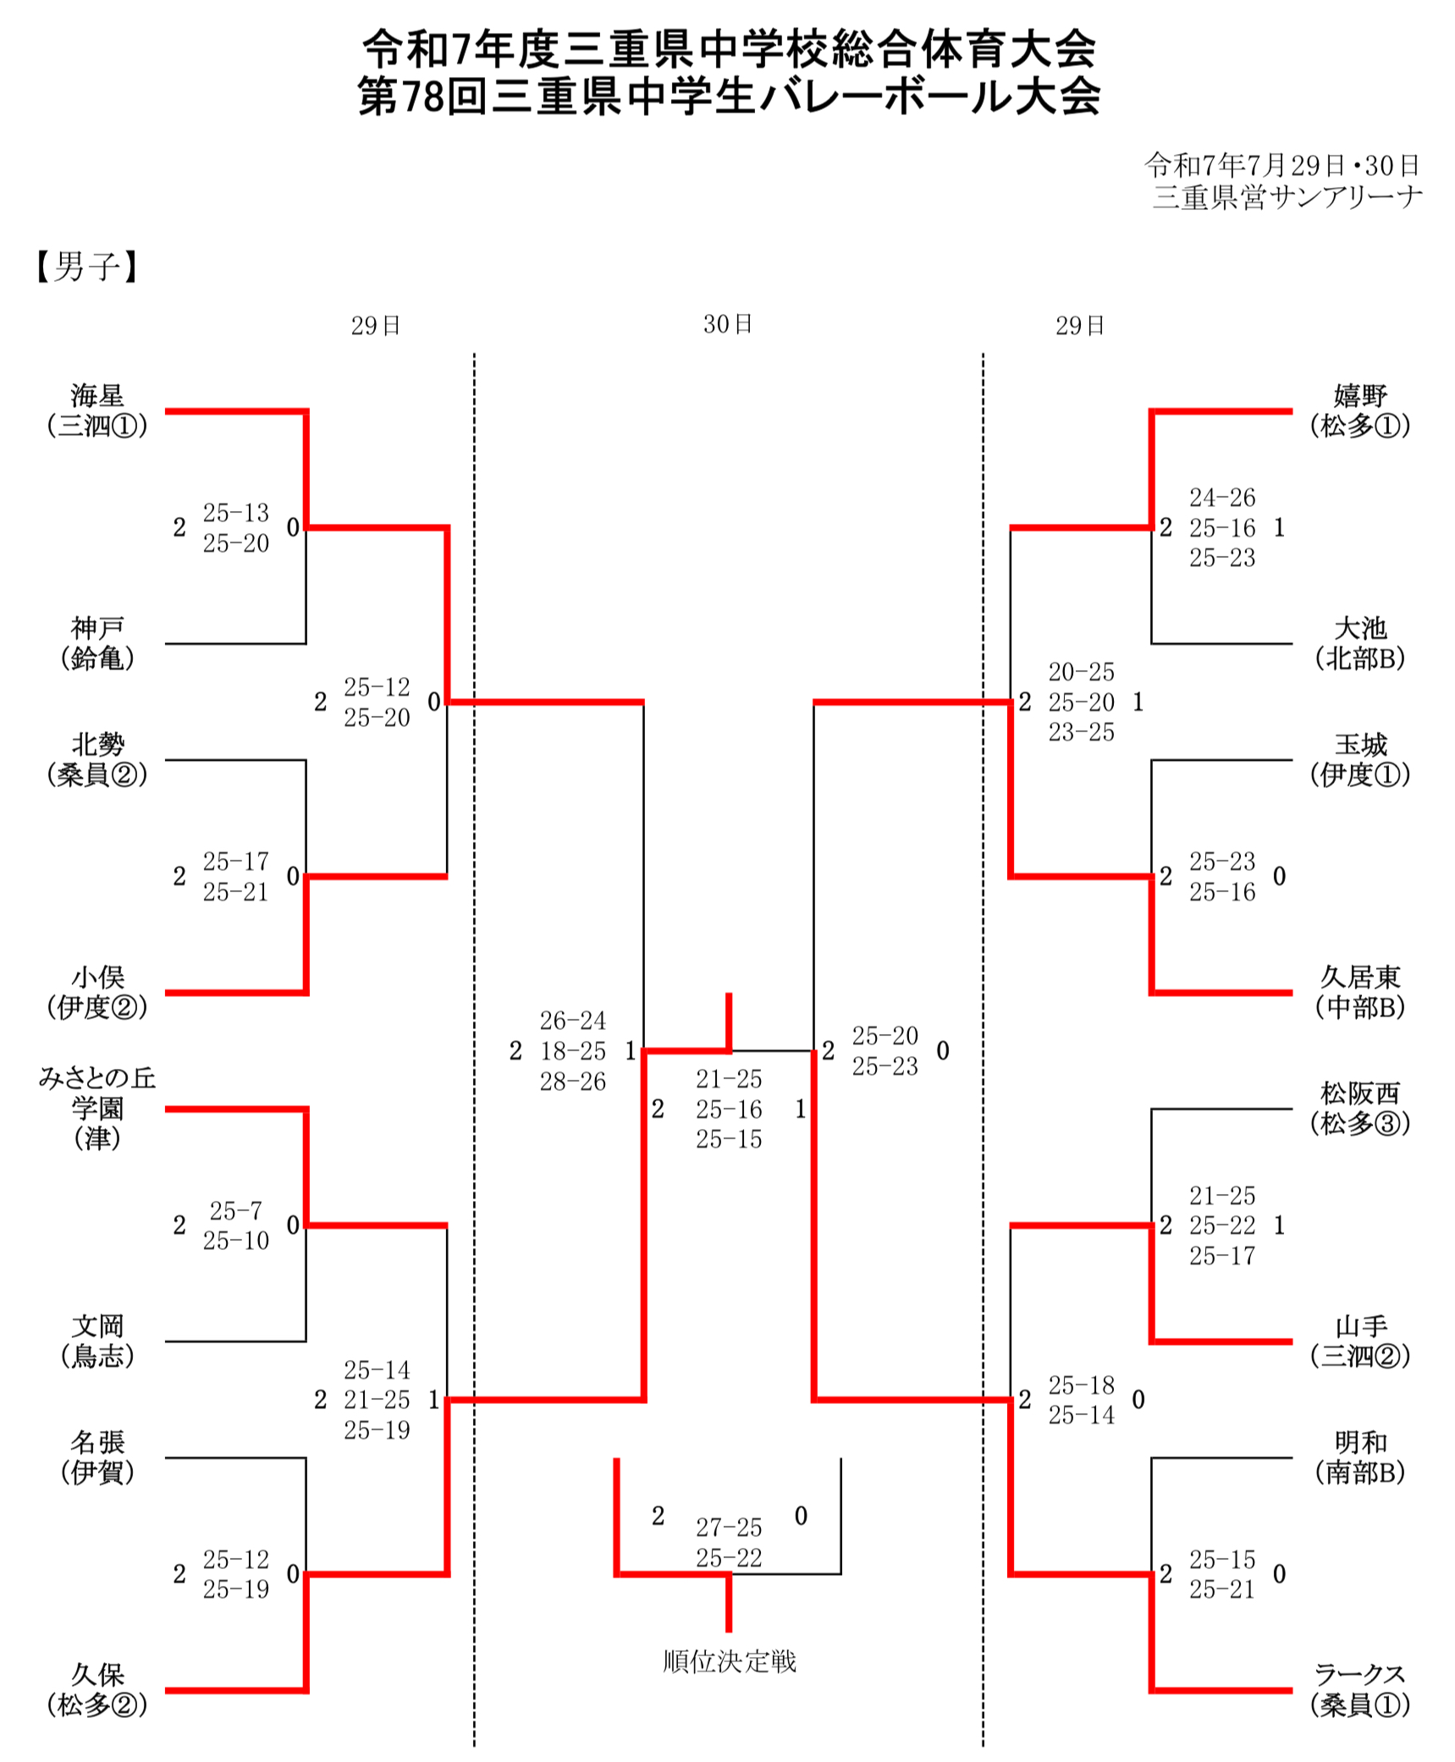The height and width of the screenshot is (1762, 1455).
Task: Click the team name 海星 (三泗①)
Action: tap(97, 410)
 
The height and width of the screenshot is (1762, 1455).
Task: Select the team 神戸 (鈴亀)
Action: tap(97, 643)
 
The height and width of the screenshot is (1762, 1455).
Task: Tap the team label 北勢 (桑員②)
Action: tap(97, 759)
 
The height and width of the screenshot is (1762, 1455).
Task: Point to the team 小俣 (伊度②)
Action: tap(97, 992)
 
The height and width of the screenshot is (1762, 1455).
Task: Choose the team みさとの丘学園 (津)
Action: tap(97, 1107)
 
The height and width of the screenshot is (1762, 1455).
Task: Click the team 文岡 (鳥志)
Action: tap(97, 1341)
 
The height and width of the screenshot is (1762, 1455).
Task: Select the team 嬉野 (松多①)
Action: tap(1360, 410)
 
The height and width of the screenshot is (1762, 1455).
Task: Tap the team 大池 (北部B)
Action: tap(1360, 643)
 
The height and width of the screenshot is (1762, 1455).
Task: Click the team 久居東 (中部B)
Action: tap(1360, 992)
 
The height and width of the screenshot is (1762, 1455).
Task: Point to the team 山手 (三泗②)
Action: tap(1360, 1341)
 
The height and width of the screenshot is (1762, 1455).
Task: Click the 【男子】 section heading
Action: tap(86, 267)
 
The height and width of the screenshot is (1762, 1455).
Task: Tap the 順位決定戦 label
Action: tap(729, 1661)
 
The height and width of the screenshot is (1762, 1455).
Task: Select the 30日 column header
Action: tap(727, 324)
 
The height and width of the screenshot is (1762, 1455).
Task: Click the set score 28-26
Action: tap(573, 1082)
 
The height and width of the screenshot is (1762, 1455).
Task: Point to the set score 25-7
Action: tap(235, 1210)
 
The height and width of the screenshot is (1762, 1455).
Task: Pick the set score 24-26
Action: tap(1221, 498)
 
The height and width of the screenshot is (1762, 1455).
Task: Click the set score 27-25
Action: tap(729, 1528)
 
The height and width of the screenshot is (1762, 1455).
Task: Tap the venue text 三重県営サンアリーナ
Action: tap(1287, 197)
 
